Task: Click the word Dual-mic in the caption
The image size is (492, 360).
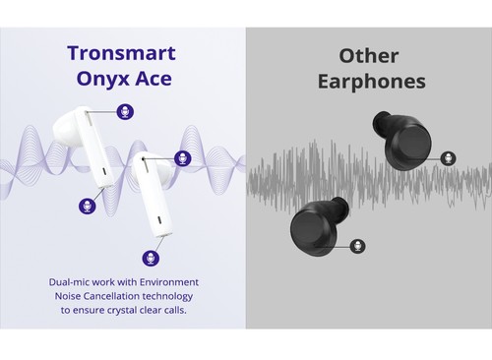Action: point(73,281)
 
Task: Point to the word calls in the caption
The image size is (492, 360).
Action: point(181,309)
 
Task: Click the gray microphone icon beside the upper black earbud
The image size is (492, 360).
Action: point(448,158)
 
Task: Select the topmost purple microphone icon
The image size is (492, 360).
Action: point(125,111)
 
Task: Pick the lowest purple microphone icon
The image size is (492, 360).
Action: point(151,258)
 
